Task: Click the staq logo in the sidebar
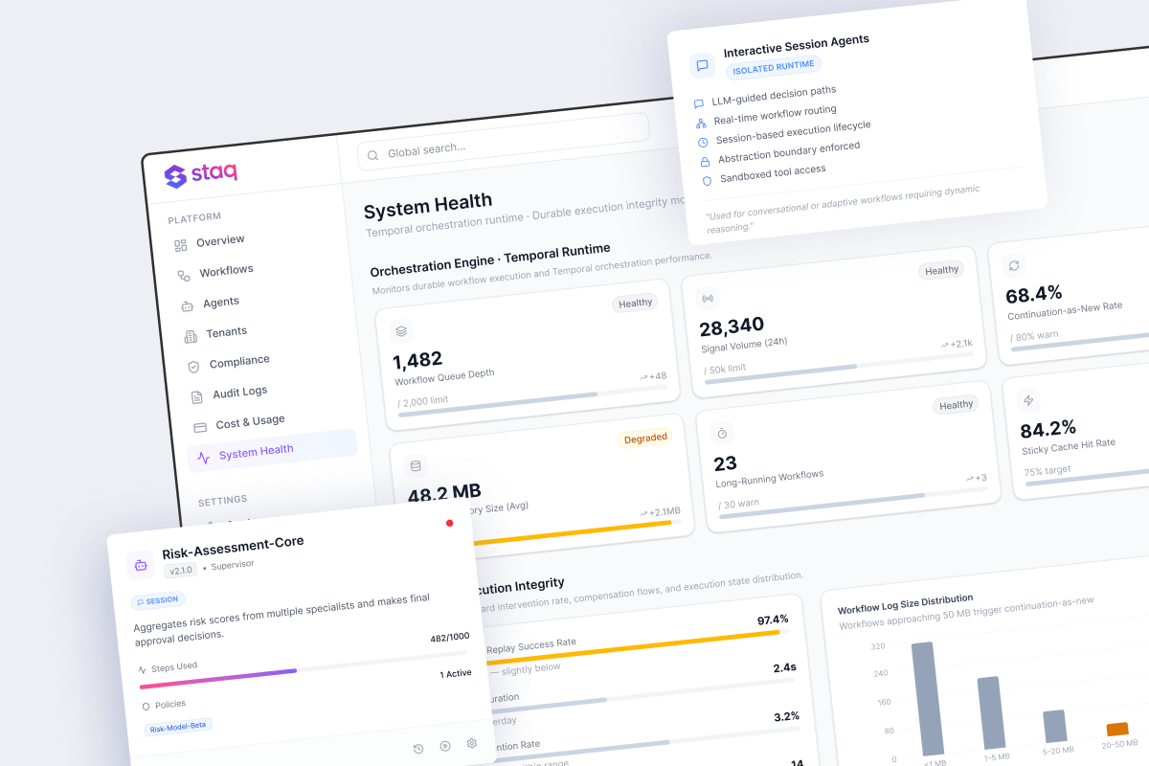(201, 174)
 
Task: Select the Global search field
(503, 144)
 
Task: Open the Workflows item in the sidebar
(226, 272)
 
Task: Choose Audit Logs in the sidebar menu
(239, 393)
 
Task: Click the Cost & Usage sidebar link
(250, 422)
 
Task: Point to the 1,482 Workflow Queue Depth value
(418, 360)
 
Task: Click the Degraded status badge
(645, 438)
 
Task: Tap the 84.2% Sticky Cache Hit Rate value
(1048, 429)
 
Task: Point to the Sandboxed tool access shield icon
(707, 180)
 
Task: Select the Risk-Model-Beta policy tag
(178, 726)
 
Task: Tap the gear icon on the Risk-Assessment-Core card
(471, 743)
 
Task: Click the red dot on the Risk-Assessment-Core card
(449, 523)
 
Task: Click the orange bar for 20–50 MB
(1116, 731)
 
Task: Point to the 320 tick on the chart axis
(878, 646)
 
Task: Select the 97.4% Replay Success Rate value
(772, 620)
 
